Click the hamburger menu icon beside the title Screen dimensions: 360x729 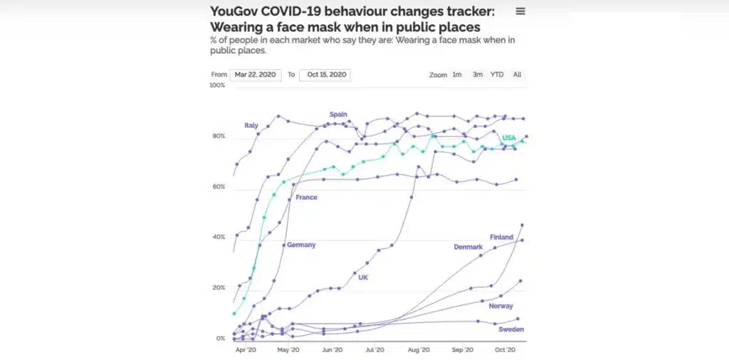520,11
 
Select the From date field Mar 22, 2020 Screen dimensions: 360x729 256,75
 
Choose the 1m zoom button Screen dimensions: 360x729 457,75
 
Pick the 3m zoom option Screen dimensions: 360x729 478,75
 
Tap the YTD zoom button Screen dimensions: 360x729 497,75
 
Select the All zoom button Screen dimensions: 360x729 517,75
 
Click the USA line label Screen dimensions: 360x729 509,137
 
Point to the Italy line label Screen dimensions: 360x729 251,125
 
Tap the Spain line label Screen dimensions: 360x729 338,114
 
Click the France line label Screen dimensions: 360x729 306,197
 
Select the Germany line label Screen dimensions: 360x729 301,245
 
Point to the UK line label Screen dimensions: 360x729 363,277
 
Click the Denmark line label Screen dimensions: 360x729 468,247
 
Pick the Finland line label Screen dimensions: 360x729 502,237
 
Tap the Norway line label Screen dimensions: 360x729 500,306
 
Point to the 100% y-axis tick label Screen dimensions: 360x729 216,85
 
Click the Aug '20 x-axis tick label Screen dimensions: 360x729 419,350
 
